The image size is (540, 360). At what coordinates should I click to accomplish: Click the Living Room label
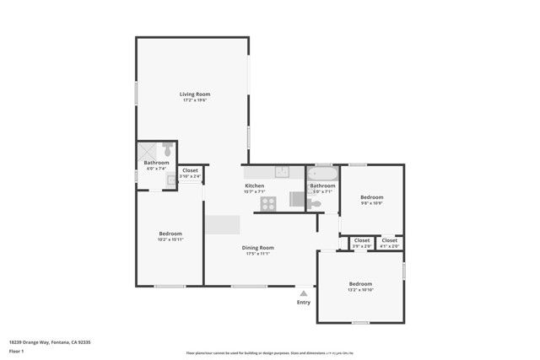194,94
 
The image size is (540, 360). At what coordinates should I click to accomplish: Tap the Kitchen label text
254,185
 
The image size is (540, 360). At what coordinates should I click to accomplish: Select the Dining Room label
257,247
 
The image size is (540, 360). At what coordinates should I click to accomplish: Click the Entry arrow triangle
304,293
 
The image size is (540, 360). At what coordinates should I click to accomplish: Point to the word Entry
304,302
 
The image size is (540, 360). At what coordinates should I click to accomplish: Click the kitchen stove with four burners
267,202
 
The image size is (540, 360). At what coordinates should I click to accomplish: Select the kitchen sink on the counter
283,171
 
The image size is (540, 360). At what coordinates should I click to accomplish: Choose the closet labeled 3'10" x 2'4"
190,173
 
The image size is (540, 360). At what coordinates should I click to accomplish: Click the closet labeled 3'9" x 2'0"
361,243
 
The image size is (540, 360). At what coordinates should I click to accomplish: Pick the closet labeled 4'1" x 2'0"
389,243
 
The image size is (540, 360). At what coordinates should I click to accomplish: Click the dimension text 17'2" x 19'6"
194,100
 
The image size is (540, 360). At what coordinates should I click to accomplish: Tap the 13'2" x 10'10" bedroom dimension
360,290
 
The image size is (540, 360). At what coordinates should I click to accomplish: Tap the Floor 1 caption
17,350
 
